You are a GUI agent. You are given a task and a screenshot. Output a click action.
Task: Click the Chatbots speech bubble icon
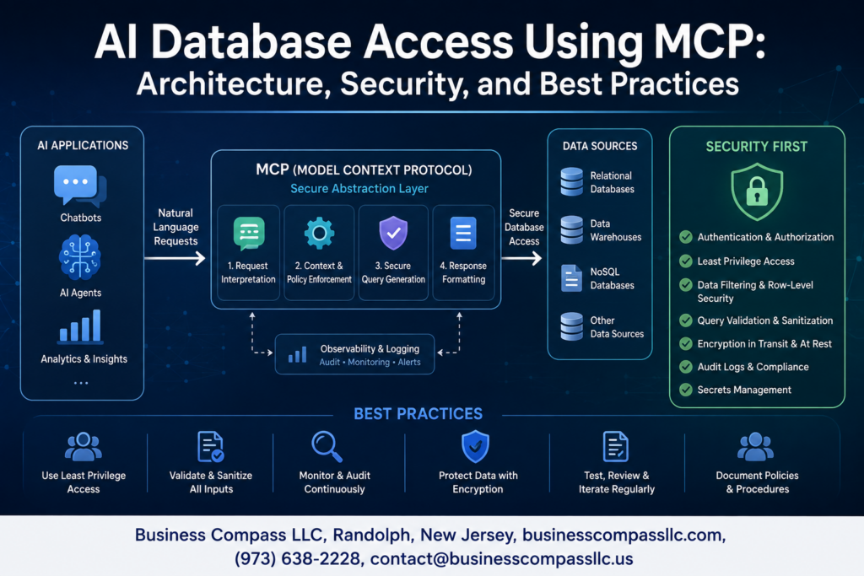coord(80,186)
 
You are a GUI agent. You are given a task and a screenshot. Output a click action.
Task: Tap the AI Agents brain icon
coord(80,256)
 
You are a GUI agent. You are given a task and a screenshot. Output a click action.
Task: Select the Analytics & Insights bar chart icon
coord(80,326)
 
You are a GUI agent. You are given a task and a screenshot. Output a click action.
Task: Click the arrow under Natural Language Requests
coord(175,258)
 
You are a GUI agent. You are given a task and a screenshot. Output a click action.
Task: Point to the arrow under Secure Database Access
coord(521,258)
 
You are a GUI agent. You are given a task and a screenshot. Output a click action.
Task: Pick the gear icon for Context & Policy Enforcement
coord(319,233)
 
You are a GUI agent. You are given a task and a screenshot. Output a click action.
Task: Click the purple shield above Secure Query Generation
coord(393,233)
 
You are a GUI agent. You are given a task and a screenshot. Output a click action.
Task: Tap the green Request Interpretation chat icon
coord(249,233)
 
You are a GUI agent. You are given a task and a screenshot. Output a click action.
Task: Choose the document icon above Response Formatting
coord(463,233)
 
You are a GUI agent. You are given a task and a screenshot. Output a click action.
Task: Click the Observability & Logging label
coord(370,348)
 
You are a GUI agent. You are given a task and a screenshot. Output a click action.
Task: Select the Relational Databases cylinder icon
coord(571,181)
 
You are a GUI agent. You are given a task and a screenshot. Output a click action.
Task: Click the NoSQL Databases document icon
coord(571,277)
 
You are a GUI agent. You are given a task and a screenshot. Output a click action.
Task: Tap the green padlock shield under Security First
coord(757,191)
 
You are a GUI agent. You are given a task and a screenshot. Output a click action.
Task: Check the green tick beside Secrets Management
coord(686,390)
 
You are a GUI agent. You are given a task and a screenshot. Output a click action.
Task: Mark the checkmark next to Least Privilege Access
coord(686,261)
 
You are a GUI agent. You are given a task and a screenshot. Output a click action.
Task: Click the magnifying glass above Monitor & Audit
coord(327,446)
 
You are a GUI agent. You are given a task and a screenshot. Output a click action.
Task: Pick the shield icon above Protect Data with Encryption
coord(476,446)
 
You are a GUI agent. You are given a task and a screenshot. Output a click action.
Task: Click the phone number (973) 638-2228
coord(298,559)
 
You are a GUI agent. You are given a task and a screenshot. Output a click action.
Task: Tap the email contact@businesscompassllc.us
coord(501,559)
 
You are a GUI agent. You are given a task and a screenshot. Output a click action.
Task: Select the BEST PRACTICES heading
coord(418,413)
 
